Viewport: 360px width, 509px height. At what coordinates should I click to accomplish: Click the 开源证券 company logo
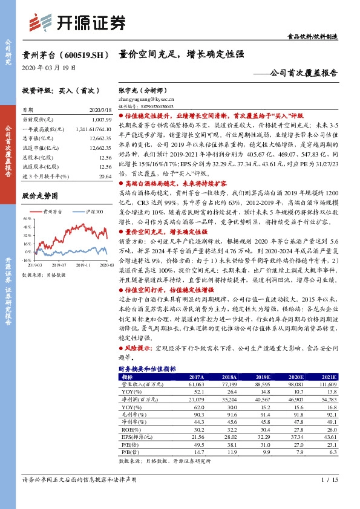(x=79, y=23)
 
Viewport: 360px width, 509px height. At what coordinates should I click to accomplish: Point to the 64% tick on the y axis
(x=27, y=219)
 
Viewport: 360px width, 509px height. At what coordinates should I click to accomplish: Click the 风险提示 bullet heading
(x=139, y=348)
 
